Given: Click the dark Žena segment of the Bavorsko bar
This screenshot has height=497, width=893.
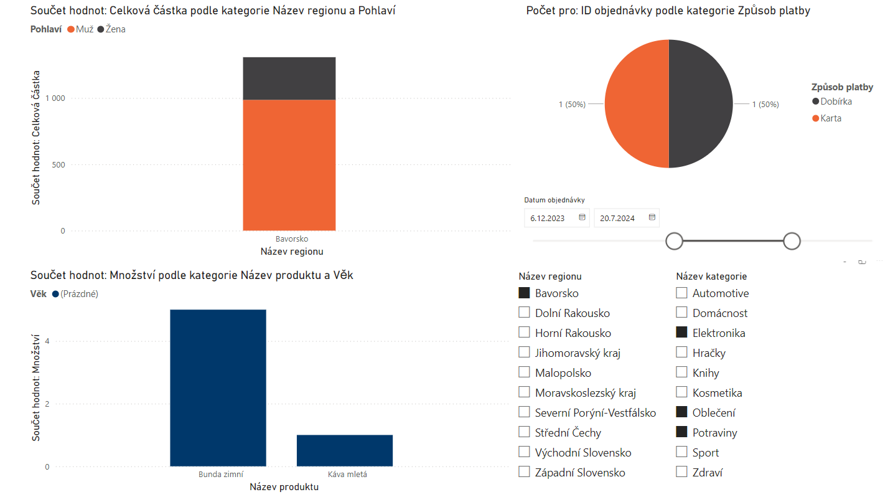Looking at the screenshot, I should pos(289,78).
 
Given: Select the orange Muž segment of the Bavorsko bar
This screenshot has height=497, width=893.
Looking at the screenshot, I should pos(289,165).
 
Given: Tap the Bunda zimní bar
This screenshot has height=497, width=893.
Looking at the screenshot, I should pos(218,387).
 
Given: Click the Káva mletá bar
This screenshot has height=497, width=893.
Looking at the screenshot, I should pos(344,450).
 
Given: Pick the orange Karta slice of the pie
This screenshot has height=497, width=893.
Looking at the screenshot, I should pos(637,104).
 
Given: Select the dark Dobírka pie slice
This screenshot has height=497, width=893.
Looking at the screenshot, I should pos(701,104).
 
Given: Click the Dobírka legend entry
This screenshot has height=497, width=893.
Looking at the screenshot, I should pos(835,102).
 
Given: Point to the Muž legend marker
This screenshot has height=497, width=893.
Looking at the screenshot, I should pos(71,29).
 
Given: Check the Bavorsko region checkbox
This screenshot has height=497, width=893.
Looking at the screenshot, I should pos(524,293).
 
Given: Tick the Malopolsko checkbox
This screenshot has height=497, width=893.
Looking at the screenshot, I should pos(524,373).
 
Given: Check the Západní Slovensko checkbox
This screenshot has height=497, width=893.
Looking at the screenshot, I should pos(524,473).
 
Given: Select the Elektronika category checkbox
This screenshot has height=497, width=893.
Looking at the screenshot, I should pos(681,333).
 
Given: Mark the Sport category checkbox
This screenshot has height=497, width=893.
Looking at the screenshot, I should pos(681,453).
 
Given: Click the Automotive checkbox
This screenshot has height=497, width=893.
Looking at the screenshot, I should pos(681,293).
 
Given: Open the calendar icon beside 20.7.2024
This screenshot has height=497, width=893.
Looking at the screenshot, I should pos(652,217).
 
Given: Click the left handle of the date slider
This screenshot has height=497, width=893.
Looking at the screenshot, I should pos(674,241).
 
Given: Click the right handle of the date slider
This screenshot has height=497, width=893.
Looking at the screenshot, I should pos(791,241).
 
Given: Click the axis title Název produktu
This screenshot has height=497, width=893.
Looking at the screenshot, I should pos(284,487).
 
